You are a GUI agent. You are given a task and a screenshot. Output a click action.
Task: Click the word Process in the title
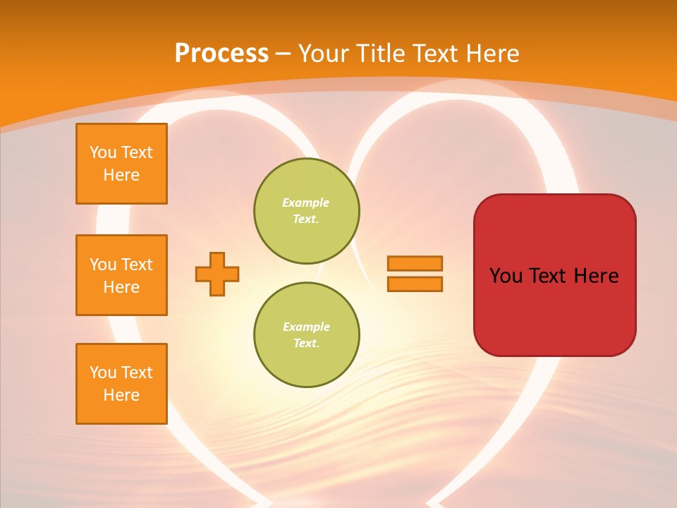point(221,54)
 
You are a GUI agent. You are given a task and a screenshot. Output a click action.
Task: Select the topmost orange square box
point(121,164)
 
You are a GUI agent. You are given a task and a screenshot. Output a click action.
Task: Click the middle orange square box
point(121,275)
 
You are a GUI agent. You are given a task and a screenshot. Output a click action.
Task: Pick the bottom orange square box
point(121,384)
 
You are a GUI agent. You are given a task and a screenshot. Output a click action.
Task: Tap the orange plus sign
point(217,274)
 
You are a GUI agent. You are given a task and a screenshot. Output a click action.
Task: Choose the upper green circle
point(307,211)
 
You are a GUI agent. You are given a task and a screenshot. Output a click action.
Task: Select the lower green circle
point(307,335)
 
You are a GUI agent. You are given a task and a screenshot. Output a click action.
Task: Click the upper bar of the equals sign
point(415,263)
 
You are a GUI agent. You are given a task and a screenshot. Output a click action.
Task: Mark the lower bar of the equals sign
point(415,284)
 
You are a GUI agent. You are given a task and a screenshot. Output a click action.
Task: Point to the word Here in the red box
point(596,276)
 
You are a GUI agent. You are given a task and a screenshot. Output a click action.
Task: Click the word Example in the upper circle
point(306,202)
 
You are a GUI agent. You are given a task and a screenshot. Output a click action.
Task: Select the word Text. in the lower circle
point(306,344)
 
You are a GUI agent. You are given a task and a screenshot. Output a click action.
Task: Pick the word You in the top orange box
point(102,152)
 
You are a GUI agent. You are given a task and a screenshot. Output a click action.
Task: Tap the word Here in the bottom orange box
point(121,395)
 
